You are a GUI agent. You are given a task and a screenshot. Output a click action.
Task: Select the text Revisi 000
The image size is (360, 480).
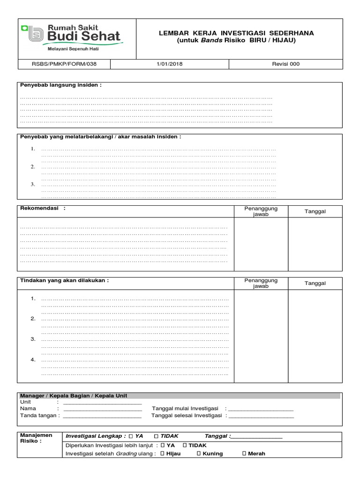click(285, 64)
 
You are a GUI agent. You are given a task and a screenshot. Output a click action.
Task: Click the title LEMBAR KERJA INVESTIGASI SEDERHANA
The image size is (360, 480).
click(237, 33)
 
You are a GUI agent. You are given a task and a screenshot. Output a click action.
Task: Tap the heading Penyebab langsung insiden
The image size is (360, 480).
click(60, 85)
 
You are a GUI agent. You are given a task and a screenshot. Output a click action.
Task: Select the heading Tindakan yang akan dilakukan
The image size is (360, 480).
click(64, 280)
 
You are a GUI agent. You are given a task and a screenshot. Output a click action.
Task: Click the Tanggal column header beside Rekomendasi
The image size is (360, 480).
click(315, 211)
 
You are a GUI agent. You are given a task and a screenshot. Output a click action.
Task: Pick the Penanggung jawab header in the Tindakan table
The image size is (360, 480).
click(261, 283)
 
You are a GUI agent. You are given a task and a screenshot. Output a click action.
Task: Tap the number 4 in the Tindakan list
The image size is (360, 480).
click(33, 360)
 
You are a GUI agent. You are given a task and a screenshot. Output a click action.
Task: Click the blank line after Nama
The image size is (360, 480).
click(102, 409)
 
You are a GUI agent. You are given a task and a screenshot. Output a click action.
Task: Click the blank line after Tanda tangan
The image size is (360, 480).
click(102, 416)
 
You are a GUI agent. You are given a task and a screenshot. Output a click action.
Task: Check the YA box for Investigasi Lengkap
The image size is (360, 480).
click(131, 436)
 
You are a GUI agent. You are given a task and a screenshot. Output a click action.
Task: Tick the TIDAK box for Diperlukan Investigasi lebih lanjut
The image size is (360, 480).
click(185, 445)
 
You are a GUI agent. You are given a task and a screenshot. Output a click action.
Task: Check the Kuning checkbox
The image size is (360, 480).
click(199, 453)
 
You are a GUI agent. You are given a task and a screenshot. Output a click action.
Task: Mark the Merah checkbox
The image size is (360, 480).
click(244, 453)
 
